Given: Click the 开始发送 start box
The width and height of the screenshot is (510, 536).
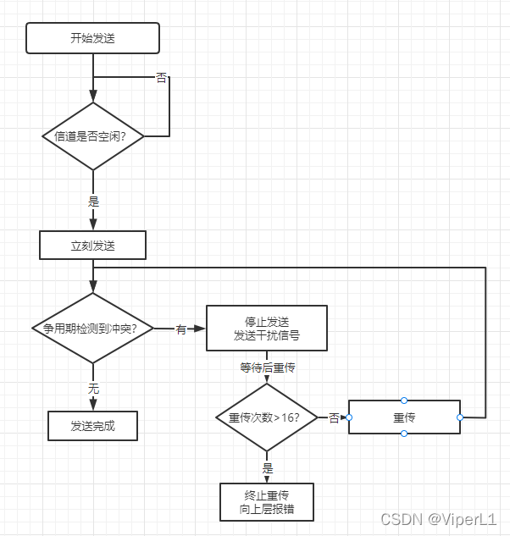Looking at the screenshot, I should (92, 38).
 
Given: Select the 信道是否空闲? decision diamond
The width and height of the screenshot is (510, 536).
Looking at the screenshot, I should (92, 135).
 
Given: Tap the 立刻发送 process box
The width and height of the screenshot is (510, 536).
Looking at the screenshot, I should (92, 246).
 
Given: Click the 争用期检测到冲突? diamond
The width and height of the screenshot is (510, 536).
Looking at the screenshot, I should (92, 329).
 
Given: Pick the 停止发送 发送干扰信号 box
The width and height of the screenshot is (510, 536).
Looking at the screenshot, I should (267, 328).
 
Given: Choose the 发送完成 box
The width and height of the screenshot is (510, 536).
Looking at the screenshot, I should (92, 426).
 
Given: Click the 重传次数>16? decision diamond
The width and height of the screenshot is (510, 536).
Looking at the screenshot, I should (267, 417).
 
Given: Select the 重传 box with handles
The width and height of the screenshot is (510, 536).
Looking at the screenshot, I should (404, 417).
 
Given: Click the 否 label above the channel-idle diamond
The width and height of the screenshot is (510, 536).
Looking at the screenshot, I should (161, 78).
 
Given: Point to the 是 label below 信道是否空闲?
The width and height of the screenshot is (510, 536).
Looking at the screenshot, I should (93, 202).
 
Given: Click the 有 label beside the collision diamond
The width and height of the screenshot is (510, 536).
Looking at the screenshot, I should (180, 329).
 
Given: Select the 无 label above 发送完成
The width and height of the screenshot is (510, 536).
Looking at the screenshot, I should (93, 389).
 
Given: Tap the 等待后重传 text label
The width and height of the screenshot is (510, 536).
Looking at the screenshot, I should (267, 368).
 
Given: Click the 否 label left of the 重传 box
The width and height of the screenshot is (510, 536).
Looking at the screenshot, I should (334, 417).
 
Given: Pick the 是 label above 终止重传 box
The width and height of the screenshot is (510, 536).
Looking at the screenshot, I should (268, 467).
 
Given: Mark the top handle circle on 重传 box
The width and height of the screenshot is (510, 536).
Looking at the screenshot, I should (404, 401).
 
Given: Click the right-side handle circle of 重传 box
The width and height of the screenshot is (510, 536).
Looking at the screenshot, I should (460, 417).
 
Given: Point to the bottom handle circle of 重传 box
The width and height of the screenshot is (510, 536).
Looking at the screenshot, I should (404, 434).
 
